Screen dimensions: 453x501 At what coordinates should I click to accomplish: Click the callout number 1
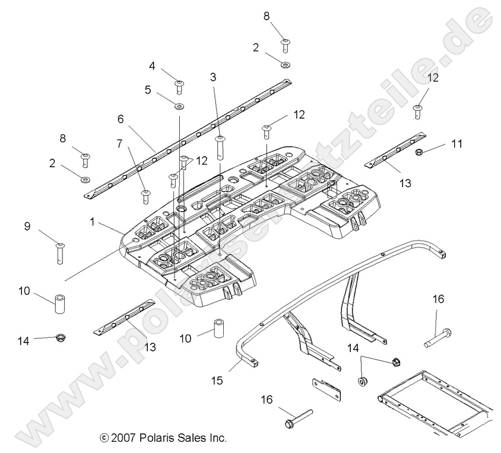93,221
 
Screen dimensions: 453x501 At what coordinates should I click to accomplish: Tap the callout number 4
152,66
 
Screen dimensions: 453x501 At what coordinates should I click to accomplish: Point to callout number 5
148,90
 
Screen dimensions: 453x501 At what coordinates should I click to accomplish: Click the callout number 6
121,119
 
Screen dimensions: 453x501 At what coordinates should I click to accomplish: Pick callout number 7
119,143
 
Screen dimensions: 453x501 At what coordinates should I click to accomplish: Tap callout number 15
217,379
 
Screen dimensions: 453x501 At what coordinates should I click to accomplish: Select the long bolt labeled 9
59,252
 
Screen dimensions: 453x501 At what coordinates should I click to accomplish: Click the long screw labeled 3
221,146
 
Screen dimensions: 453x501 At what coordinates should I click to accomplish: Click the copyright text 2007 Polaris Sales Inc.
164,438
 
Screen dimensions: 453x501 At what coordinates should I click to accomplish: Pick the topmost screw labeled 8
286,43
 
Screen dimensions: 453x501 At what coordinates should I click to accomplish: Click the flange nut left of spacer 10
59,338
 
